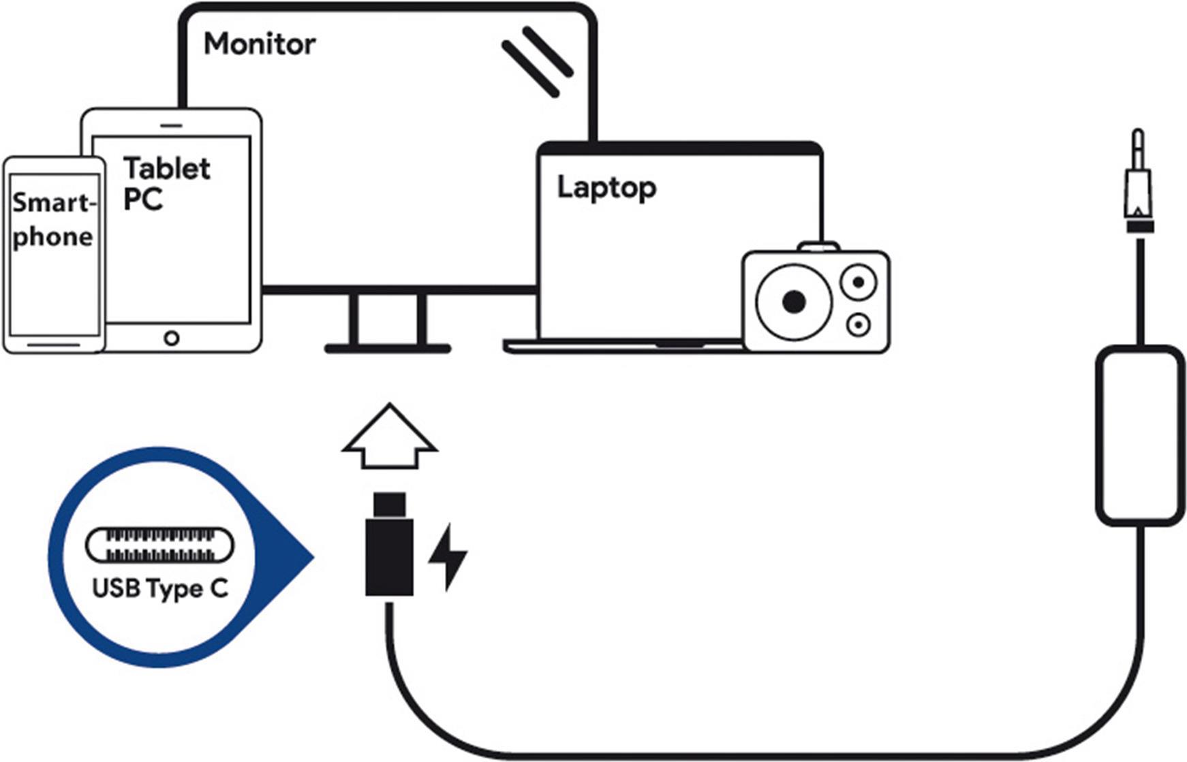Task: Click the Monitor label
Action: click(260, 44)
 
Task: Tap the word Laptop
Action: click(606, 188)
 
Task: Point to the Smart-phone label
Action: click(53, 219)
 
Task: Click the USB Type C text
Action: click(160, 588)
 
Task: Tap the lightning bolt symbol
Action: click(448, 556)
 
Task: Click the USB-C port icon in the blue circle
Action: click(159, 545)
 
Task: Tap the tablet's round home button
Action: click(172, 338)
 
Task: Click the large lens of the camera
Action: click(794, 302)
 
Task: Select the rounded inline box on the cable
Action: click(1140, 436)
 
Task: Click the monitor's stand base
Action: click(387, 349)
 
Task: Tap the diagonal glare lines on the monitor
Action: click(538, 61)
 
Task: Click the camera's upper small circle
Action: click(859, 282)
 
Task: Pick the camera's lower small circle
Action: click(859, 325)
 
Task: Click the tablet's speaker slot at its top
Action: click(172, 126)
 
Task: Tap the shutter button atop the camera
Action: click(819, 246)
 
